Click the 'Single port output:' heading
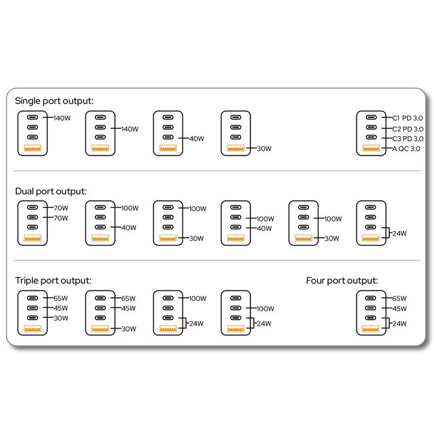[54, 101]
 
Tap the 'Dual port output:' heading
[51, 191]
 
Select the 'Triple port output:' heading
[53, 280]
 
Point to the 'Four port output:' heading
[342, 280]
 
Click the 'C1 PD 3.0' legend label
[407, 118]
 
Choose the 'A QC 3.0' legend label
[406, 149]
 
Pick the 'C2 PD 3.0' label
[408, 129]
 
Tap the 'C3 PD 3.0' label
[408, 139]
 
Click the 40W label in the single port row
[197, 139]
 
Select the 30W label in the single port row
[264, 149]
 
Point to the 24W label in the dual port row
[399, 233]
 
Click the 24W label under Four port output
[399, 323]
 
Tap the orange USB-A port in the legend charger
[371, 148]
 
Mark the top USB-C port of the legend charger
[371, 118]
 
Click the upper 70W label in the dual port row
[61, 208]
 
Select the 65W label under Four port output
[399, 298]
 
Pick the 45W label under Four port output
[399, 308]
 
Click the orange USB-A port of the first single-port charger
[33, 148]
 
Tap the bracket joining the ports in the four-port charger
[389, 323]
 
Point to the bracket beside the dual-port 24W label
[389, 233]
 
